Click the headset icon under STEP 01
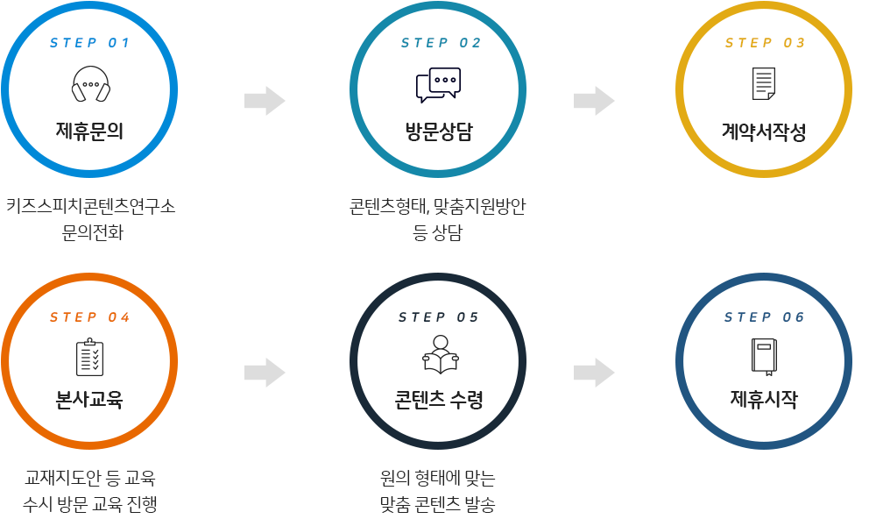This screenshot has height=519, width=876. click(90, 85)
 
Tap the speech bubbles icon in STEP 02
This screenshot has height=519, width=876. click(438, 85)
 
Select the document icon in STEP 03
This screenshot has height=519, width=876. click(764, 84)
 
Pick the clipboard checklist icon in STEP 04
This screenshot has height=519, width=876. click(89, 358)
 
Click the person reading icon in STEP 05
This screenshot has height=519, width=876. click(440, 355)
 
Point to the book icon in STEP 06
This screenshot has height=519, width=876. click(764, 356)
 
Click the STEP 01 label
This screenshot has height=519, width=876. click(90, 43)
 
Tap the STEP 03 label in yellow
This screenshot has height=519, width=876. click(765, 43)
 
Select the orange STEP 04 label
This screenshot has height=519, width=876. click(90, 317)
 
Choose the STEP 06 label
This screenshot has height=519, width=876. click(765, 317)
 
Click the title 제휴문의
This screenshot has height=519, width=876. click(89, 132)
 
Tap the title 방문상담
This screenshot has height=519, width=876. click(439, 132)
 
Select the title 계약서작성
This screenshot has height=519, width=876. click(764, 132)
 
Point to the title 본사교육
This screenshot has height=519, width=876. click(89, 400)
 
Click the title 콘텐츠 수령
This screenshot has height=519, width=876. click(439, 400)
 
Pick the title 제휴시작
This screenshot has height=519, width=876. click(764, 400)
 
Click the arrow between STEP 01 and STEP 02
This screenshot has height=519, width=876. click(265, 101)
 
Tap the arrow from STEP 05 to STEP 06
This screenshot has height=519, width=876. click(594, 373)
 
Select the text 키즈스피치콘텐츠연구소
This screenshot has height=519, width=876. click(90, 207)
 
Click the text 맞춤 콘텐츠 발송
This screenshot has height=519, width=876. click(438, 505)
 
